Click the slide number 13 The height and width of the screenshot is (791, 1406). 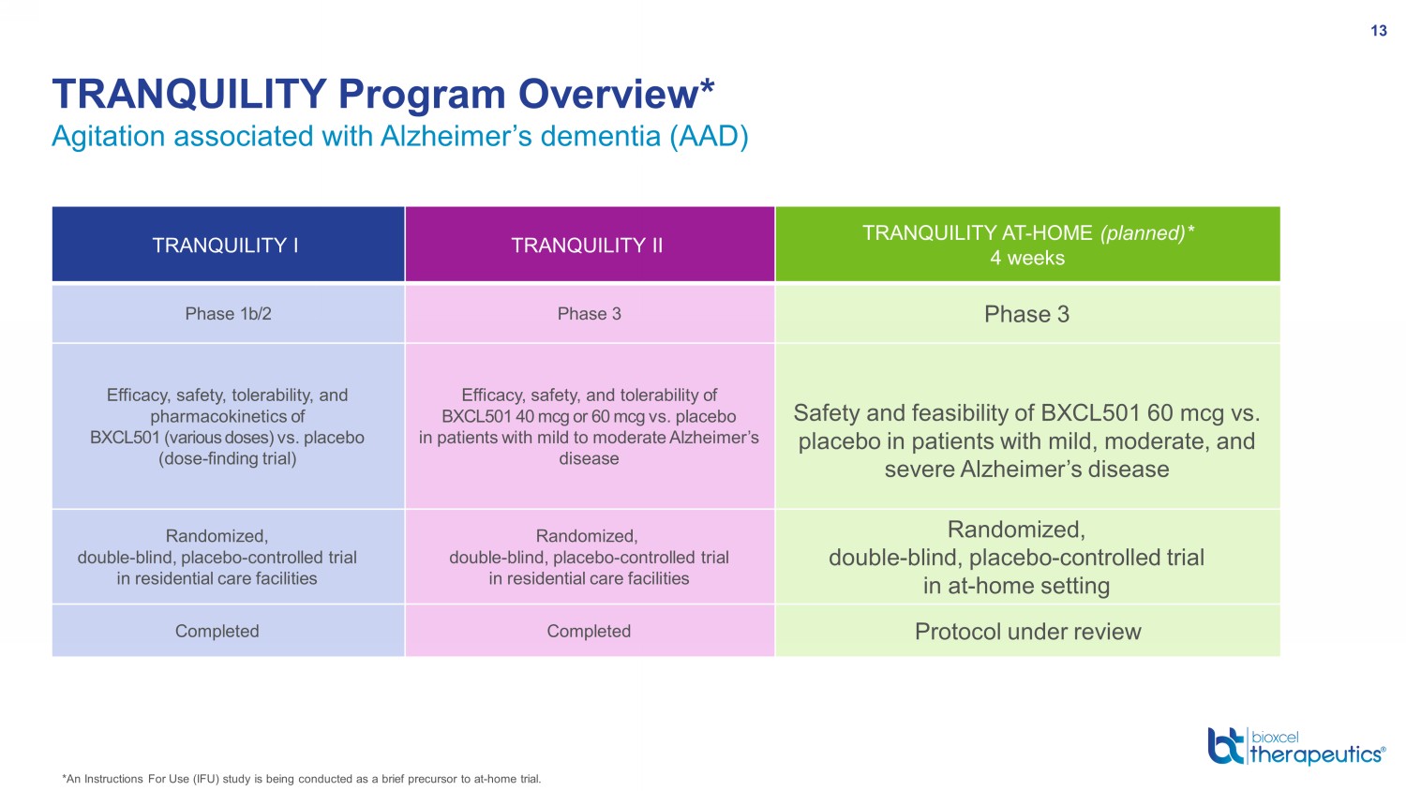tap(1379, 31)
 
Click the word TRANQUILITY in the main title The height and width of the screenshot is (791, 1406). tap(189, 94)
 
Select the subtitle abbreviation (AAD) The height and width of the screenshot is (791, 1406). tap(710, 136)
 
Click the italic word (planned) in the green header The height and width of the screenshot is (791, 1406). tap(1143, 233)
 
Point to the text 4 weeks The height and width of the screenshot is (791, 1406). tap(1027, 258)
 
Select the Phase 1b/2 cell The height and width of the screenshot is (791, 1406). tap(228, 314)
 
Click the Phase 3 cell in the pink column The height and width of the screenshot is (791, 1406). tap(589, 314)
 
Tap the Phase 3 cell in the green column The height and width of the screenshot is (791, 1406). tap(1027, 314)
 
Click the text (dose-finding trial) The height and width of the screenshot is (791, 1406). tap(227, 459)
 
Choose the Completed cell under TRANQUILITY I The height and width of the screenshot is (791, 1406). tap(217, 631)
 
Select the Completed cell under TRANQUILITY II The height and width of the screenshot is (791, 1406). tap(589, 631)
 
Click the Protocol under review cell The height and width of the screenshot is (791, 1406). tap(1027, 632)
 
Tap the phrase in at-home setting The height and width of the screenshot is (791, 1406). tap(1016, 586)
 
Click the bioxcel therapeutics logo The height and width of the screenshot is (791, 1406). tap(1296, 746)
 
